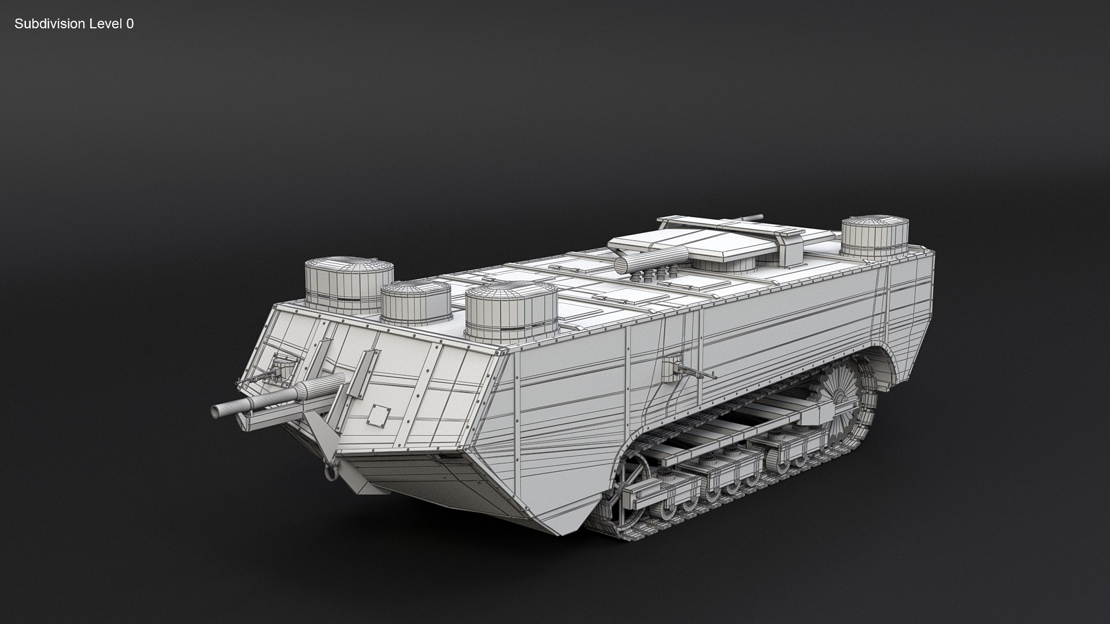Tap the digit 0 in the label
pos(130,24)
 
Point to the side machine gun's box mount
pos(672,367)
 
